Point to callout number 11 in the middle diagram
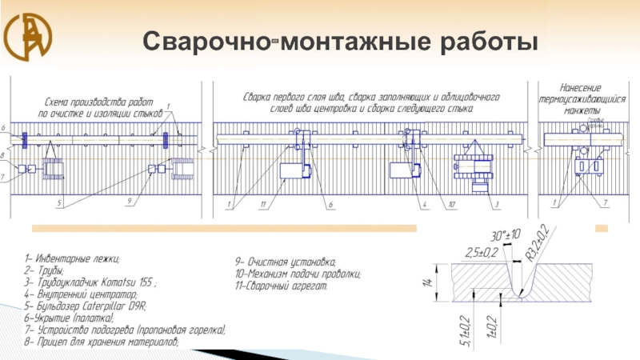tap(262, 206)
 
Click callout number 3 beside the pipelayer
tap(496, 206)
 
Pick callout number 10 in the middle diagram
tap(452, 206)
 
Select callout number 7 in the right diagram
tap(605, 204)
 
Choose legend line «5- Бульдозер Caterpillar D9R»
tap(90, 306)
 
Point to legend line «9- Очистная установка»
tap(286, 262)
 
